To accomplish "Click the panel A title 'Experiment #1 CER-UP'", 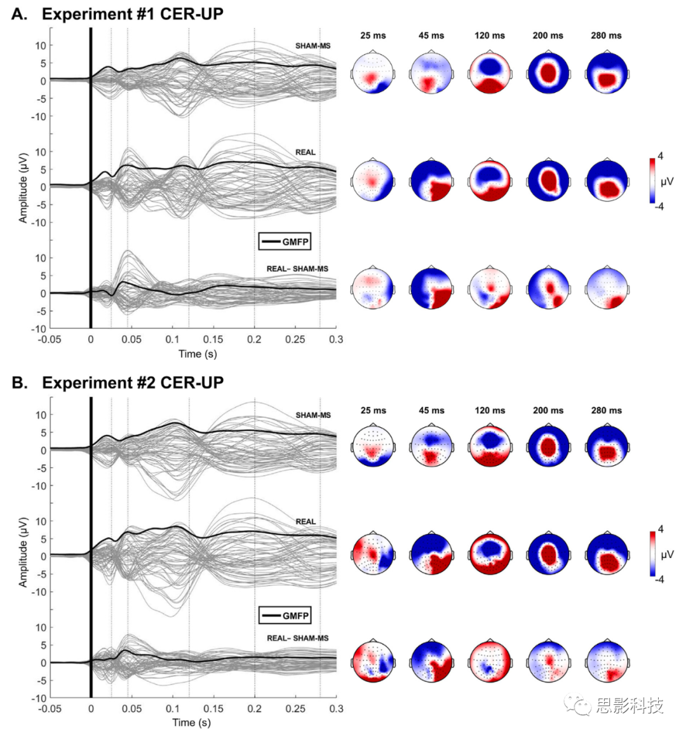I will click(132, 13).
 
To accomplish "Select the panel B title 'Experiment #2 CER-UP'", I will click(132, 383).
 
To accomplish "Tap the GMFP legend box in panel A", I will click(285, 242).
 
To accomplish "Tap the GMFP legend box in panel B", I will click(285, 615).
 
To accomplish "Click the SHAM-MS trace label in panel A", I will click(313, 46).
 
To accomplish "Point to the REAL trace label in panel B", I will click(306, 521).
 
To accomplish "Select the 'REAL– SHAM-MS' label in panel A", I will click(297, 269).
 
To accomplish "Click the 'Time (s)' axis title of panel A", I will click(198, 353).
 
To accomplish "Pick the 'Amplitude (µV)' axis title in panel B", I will click(24, 547).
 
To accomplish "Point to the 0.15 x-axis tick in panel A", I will click(213, 339).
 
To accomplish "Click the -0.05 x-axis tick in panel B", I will click(50, 708).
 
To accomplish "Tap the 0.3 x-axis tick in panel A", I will click(336, 339).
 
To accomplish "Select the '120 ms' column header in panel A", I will click(490, 36).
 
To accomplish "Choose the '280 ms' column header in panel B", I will click(607, 411).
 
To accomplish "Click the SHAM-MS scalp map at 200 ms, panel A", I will click(548, 73).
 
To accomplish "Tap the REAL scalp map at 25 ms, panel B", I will click(373, 554).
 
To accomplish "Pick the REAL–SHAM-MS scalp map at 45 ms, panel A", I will click(431, 288).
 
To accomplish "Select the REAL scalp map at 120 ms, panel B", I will click(490, 554).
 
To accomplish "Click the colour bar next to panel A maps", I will click(652, 181).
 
